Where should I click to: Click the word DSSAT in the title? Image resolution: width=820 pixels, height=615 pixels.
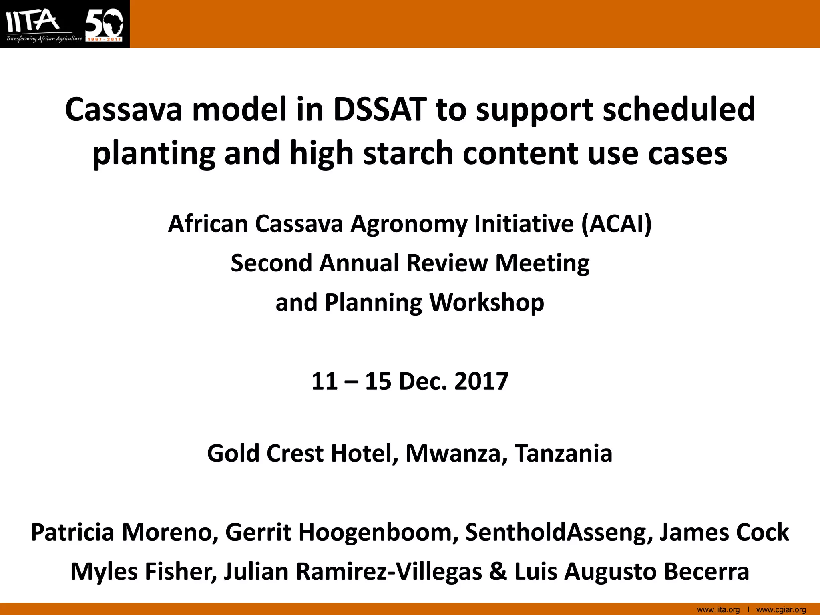coord(379,109)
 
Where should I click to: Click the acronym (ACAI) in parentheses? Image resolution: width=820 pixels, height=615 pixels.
coord(617,223)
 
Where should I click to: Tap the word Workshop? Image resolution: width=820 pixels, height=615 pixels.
coord(486,302)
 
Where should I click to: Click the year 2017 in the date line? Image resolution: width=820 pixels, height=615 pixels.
coord(481,381)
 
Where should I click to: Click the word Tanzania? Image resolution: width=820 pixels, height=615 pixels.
coord(563,453)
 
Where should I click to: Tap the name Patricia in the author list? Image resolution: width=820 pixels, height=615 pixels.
coord(72,532)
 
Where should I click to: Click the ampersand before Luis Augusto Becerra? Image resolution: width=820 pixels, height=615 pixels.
coord(498,571)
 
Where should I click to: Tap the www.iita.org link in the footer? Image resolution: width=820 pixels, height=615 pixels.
coord(718,610)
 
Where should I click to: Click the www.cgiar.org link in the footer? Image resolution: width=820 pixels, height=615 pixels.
coord(781,610)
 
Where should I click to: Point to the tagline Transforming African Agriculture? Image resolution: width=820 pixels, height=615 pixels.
coord(44,39)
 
